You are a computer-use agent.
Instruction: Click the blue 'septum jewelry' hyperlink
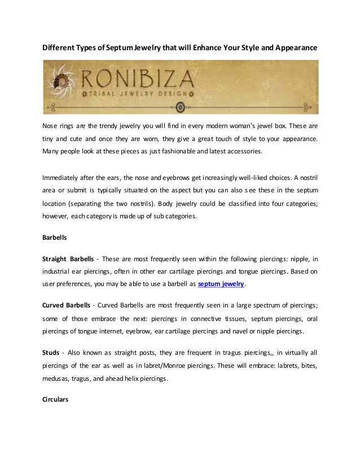click(x=222, y=284)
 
